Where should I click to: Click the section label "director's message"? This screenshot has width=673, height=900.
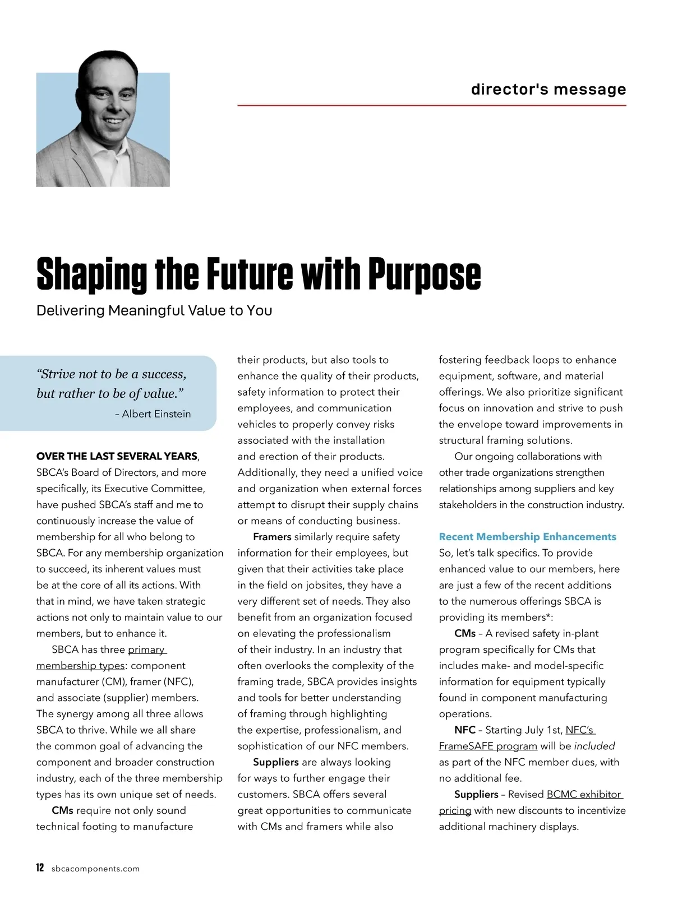click(x=548, y=89)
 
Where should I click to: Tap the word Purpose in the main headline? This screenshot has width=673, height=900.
click(x=425, y=275)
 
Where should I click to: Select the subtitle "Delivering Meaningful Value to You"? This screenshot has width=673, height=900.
click(x=154, y=310)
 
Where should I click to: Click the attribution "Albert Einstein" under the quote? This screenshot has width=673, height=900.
click(x=156, y=414)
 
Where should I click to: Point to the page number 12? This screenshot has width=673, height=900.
click(x=40, y=868)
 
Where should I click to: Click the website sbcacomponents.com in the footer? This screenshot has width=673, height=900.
click(x=95, y=869)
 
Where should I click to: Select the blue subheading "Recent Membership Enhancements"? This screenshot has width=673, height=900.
click(x=527, y=537)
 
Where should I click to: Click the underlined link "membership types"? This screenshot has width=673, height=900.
click(x=80, y=666)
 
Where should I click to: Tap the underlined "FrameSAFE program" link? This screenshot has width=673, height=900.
click(x=487, y=746)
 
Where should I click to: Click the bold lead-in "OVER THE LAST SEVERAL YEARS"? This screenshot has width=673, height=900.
click(x=117, y=456)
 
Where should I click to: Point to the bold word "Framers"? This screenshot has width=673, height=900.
click(x=272, y=537)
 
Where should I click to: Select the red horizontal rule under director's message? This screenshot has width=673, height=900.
click(x=431, y=105)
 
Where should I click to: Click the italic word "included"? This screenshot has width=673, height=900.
click(x=594, y=746)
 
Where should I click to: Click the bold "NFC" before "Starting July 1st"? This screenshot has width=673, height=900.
click(x=465, y=730)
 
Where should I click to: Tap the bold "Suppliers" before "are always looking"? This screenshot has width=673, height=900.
click(x=275, y=762)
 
